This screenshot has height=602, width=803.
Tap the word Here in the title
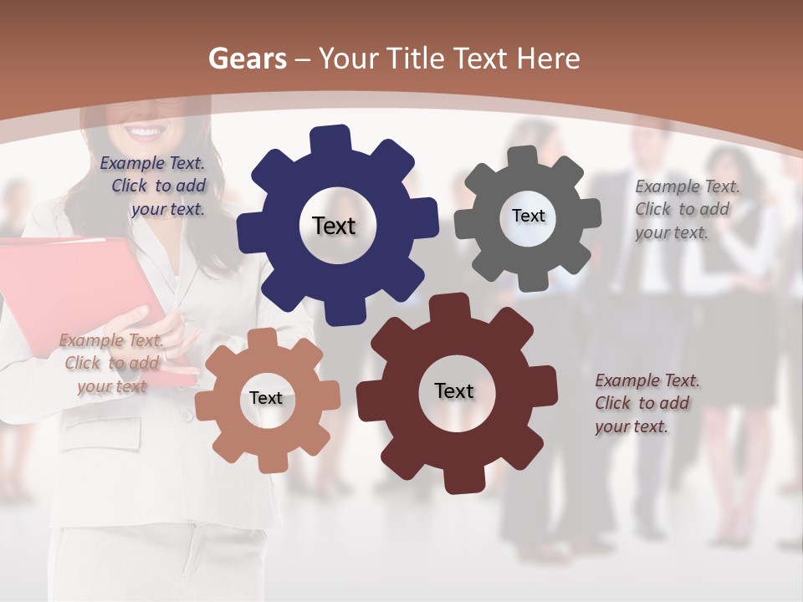pyautogui.click(x=548, y=59)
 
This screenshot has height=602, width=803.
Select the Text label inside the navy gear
pyautogui.click(x=334, y=226)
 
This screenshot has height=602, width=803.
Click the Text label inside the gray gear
pyautogui.click(x=528, y=216)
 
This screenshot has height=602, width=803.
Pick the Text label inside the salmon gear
pyautogui.click(x=266, y=398)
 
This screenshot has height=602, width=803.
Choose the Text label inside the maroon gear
pyautogui.click(x=454, y=390)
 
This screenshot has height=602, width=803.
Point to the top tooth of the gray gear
pyautogui.click(x=524, y=156)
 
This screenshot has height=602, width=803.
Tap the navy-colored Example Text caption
pyautogui.click(x=153, y=186)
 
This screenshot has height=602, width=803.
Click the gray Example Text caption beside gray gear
pyautogui.click(x=686, y=210)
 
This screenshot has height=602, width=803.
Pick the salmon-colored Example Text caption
pyautogui.click(x=111, y=364)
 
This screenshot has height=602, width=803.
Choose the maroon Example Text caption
pyautogui.click(x=647, y=403)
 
